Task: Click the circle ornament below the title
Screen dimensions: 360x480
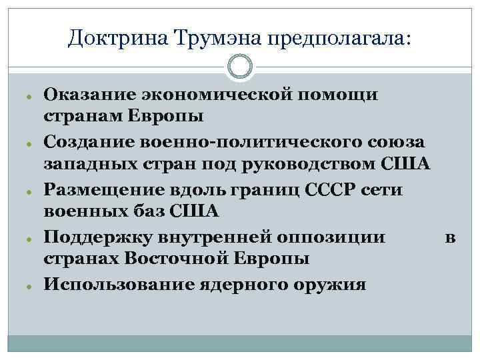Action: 240,67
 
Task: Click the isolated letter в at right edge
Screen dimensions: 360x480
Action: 450,238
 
